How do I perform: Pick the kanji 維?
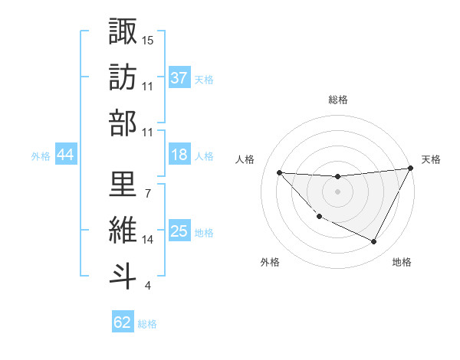(123, 229)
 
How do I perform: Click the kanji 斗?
(123, 275)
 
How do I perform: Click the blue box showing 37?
(179, 78)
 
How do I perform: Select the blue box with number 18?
(179, 155)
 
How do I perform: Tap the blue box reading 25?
(179, 232)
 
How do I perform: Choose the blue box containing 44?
(65, 155)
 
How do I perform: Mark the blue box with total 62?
(123, 322)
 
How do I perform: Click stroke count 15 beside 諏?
(147, 39)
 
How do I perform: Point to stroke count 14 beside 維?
(147, 239)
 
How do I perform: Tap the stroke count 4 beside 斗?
(147, 286)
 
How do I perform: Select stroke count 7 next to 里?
(147, 192)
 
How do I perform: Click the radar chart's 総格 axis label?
(337, 100)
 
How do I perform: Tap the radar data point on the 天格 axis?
(410, 169)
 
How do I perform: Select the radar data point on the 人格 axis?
(279, 172)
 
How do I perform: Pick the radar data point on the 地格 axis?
(374, 242)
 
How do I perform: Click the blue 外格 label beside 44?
(41, 156)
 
